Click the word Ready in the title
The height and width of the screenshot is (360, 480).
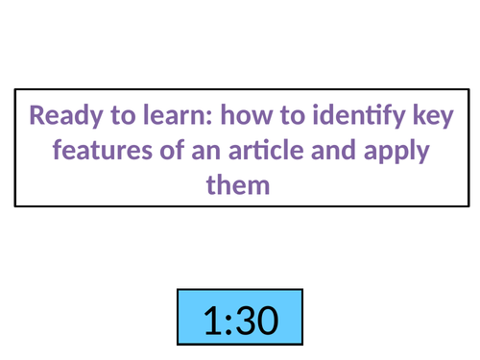pyautogui.click(x=59, y=118)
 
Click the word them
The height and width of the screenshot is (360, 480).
pyautogui.click(x=239, y=182)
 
